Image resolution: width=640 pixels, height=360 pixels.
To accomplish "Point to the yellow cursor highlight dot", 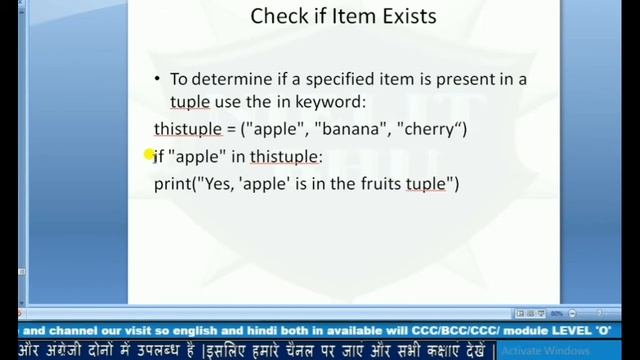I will (149, 154).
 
